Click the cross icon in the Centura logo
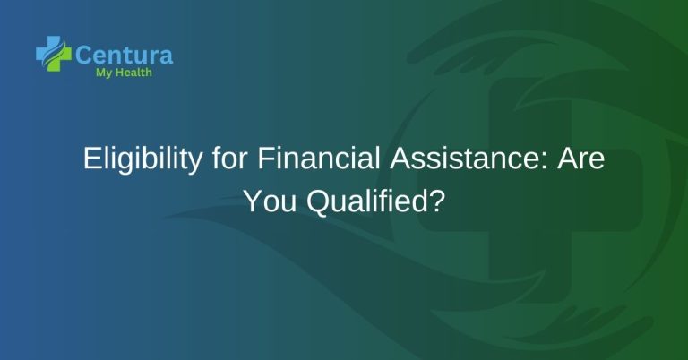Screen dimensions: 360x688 53,53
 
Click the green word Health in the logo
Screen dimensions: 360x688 133,73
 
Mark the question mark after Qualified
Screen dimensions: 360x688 436,201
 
